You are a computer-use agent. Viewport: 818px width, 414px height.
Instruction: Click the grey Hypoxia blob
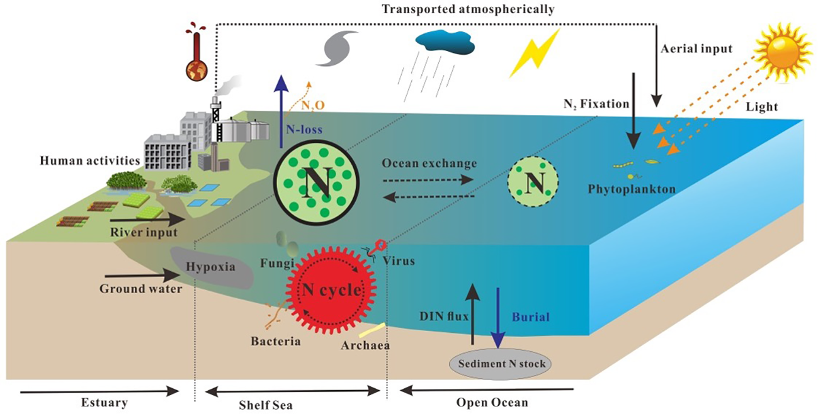point(212,267)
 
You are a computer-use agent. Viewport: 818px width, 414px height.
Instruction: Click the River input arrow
point(148,221)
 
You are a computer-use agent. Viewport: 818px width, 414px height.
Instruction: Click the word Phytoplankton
point(624,188)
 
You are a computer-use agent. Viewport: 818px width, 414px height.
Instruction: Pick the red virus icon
point(378,245)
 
